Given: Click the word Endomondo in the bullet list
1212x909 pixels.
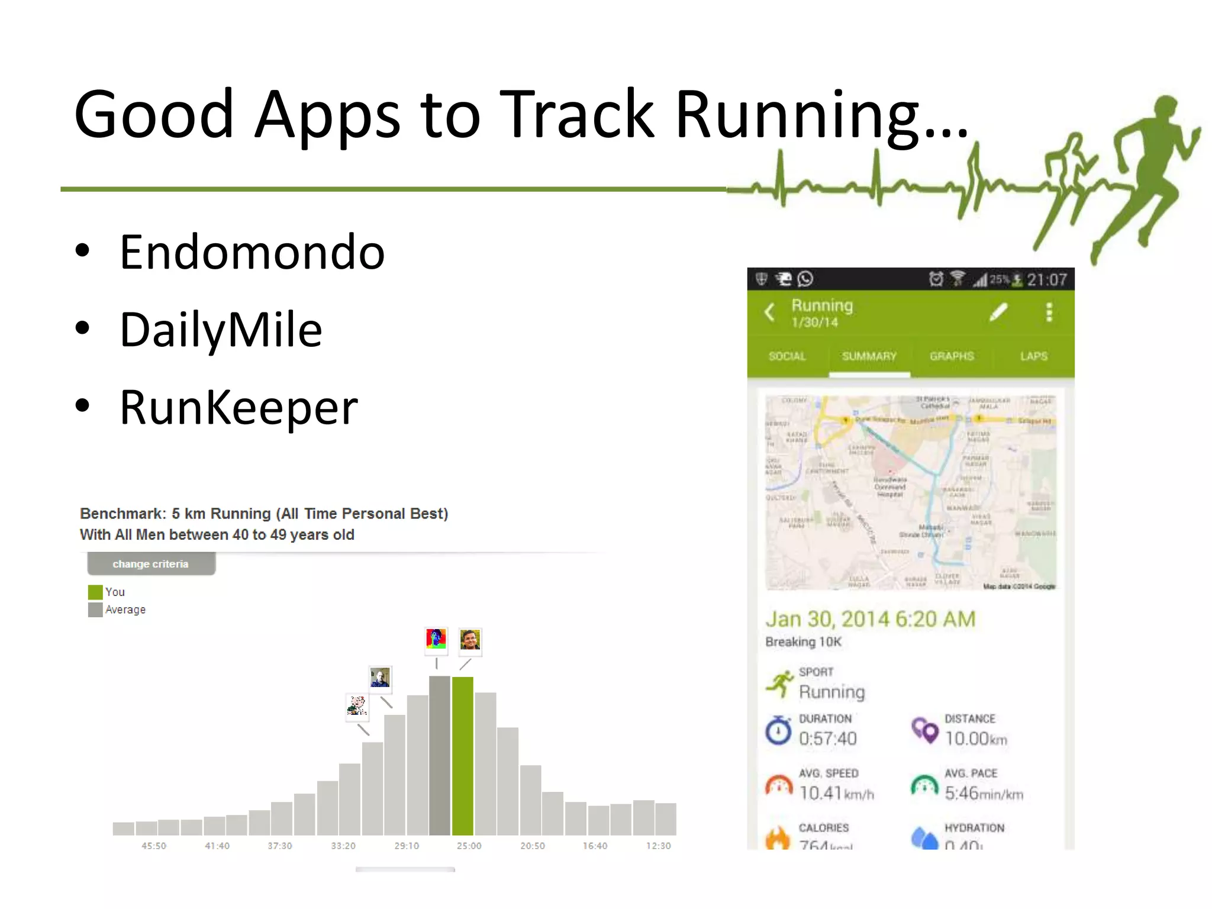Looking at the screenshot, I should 252,253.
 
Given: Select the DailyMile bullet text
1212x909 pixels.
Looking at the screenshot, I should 221,330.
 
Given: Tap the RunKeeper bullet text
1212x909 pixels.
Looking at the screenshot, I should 238,408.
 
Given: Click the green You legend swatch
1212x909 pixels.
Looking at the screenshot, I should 95,592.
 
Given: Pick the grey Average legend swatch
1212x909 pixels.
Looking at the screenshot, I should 95,610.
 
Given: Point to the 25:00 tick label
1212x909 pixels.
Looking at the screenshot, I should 469,846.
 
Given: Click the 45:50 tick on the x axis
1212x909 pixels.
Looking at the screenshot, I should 153,846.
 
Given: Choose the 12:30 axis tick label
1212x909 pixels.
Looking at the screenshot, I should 658,846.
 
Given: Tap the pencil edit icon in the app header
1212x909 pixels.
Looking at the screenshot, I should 998,312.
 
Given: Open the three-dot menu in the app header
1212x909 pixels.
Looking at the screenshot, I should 1049,312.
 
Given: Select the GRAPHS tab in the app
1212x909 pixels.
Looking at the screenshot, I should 952,356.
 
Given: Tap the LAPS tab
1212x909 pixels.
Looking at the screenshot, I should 1033,356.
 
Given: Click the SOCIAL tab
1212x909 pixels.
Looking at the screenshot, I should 787,356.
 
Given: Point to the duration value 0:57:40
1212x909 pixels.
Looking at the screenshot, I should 827,739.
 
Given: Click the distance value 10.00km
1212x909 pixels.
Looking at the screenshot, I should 975,739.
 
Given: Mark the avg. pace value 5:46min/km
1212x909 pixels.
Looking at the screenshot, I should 984,793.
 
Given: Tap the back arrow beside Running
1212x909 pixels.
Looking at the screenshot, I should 770,312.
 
